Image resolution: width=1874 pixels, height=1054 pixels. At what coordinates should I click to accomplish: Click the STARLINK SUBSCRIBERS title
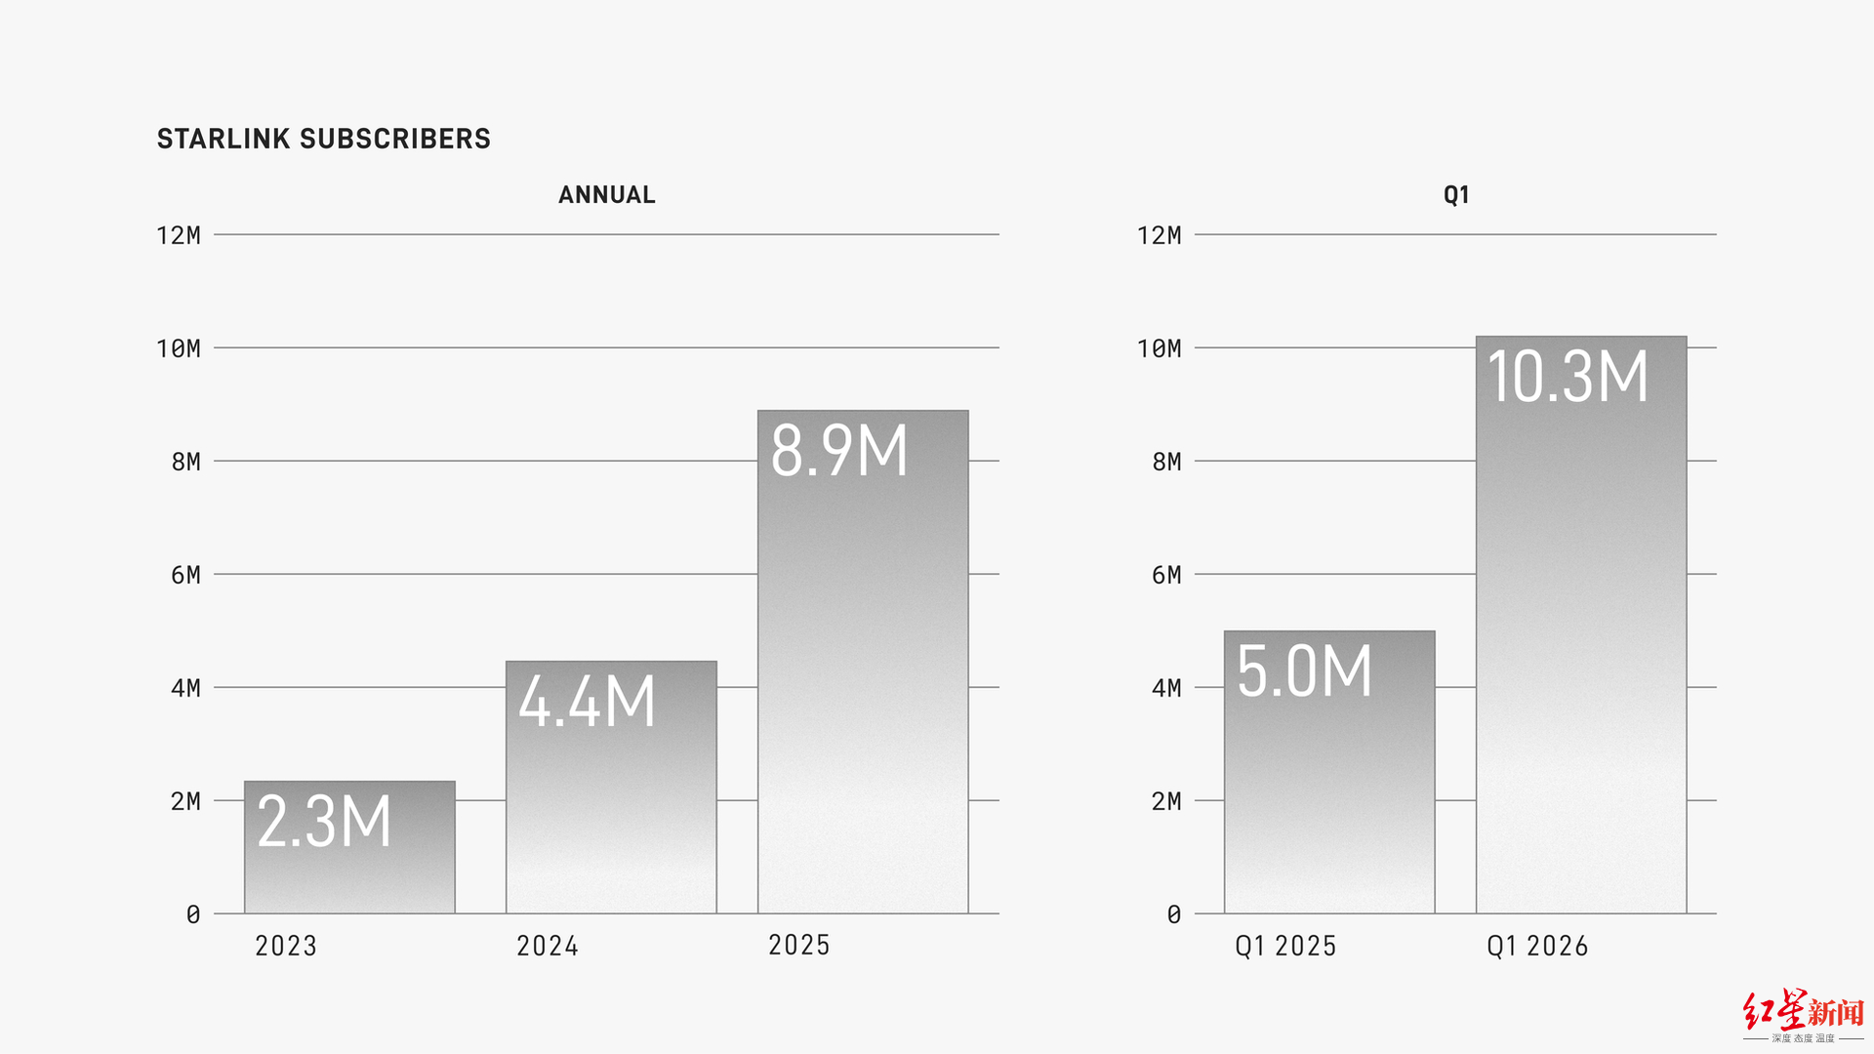[324, 139]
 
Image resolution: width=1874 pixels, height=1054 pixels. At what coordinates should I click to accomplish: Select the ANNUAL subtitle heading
[607, 195]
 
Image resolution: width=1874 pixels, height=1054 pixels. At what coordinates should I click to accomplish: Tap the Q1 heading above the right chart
[1456, 195]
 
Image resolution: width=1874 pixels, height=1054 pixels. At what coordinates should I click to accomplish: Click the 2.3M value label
[324, 821]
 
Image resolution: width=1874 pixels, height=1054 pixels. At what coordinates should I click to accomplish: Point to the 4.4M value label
[587, 701]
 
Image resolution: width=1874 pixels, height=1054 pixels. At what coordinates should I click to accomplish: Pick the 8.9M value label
[839, 450]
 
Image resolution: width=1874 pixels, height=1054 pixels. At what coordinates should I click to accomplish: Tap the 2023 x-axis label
[286, 946]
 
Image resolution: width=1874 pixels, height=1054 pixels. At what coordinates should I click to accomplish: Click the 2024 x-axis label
[548, 946]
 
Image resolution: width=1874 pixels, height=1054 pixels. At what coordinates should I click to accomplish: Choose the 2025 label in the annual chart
[799, 945]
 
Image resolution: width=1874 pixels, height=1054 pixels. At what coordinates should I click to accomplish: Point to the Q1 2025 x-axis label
[1285, 946]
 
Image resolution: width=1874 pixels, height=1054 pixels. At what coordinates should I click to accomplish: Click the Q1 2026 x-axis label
[1537, 946]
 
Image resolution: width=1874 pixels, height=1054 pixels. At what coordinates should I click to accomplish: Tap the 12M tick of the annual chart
[179, 235]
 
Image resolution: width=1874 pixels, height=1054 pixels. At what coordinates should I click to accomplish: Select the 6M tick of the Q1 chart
[1166, 575]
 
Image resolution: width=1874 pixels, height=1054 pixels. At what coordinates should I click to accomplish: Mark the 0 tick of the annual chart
[193, 914]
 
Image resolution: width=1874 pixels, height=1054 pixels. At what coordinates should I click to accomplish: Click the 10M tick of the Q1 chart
[1160, 348]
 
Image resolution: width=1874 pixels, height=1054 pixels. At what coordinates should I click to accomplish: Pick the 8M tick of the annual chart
[186, 462]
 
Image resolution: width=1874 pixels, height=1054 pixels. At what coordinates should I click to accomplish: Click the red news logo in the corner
[1804, 1015]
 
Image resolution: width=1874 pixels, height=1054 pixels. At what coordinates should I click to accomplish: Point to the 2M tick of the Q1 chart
[1166, 801]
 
